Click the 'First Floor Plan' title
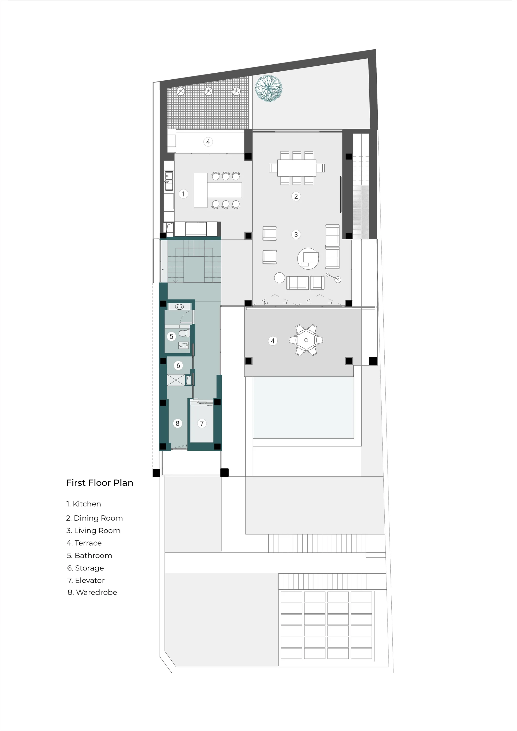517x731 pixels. click(x=100, y=483)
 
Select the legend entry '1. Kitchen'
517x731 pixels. click(x=84, y=504)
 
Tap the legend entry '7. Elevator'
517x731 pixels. click(x=86, y=580)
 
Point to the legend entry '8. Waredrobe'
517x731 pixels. click(x=92, y=592)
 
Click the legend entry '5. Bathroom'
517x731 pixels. click(x=89, y=555)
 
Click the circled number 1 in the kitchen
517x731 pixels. click(x=183, y=194)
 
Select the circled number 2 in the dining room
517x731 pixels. click(x=296, y=196)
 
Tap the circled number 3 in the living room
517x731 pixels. click(x=296, y=235)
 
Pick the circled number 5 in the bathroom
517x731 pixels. click(x=172, y=337)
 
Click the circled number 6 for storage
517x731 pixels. click(x=178, y=365)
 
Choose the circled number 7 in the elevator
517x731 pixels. click(x=202, y=423)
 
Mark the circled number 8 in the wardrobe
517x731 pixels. click(x=178, y=423)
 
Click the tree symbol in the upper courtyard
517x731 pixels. click(x=269, y=88)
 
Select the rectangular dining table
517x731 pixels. click(x=297, y=168)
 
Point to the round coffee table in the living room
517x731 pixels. click(x=308, y=258)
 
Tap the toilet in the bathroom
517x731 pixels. click(x=184, y=333)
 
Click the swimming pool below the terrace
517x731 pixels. click(x=303, y=408)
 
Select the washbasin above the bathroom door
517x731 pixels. click(x=180, y=307)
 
